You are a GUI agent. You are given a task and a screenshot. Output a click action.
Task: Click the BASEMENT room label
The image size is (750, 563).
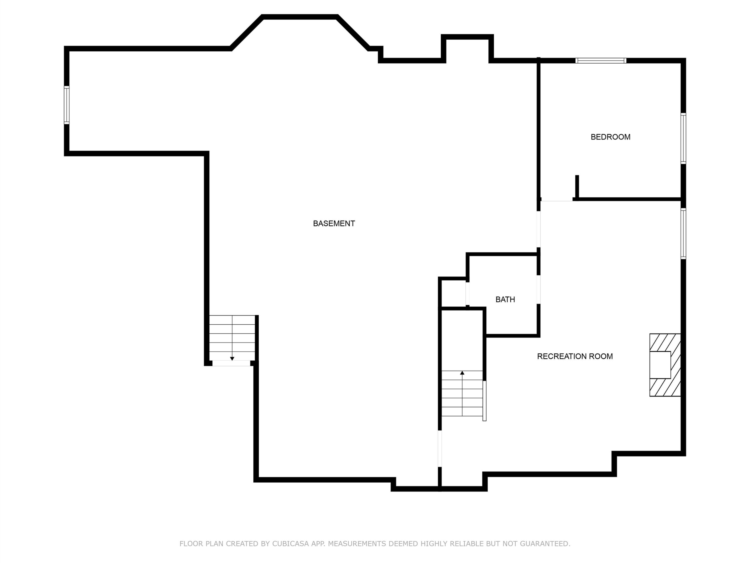[334, 224]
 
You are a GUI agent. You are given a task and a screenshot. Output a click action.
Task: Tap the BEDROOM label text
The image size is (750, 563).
[610, 137]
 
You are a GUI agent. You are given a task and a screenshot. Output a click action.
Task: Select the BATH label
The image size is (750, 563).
[505, 300]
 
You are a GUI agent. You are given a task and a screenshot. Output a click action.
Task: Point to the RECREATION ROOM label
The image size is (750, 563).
[575, 356]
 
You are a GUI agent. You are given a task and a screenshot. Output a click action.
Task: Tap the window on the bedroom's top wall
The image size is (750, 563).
[601, 61]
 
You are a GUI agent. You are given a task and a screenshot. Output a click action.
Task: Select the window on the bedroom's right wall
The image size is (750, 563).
[683, 138]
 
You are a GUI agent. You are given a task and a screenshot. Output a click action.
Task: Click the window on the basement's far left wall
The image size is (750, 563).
[67, 105]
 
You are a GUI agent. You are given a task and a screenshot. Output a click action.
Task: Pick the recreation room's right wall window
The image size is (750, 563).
[683, 233]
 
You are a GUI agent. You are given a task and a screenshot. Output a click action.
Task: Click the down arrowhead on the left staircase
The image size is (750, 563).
[232, 358]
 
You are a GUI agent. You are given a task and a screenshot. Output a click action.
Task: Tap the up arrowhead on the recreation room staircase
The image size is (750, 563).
[462, 373]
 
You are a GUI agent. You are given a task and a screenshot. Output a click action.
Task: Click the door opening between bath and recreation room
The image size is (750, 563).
[538, 289]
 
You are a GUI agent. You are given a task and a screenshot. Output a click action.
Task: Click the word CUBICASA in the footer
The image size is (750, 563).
[291, 544]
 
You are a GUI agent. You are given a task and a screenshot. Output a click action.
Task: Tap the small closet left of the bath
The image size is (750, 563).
[454, 294]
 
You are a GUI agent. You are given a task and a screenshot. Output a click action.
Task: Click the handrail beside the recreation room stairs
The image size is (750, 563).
[484, 401]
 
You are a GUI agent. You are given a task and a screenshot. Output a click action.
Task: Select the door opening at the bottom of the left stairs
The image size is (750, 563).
[231, 363]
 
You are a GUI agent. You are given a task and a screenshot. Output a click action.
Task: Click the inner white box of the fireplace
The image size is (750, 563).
[660, 365]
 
